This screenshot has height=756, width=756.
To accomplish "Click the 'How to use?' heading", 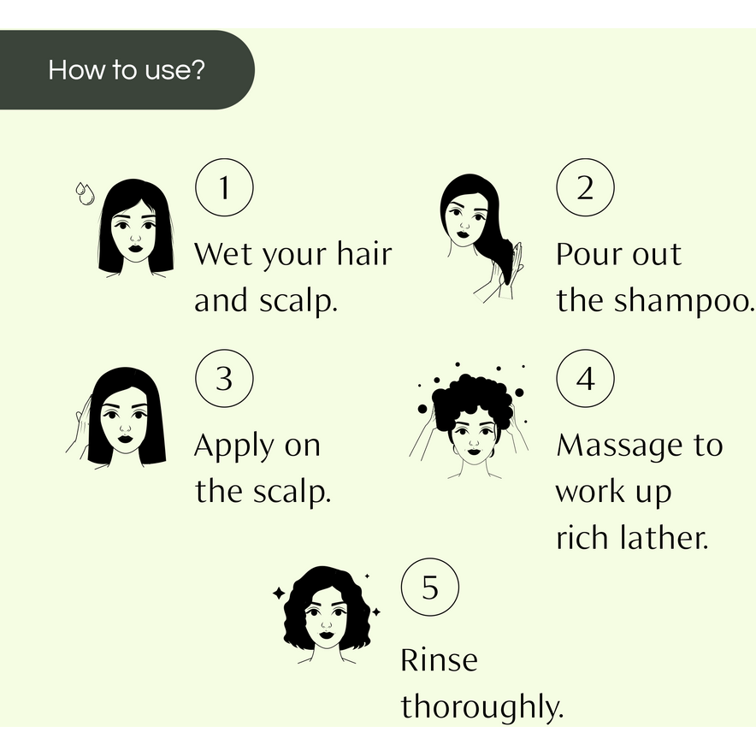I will pyautogui.click(x=127, y=69).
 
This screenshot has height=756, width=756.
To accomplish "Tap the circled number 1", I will pyautogui.click(x=224, y=187).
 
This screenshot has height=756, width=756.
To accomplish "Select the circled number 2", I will pyautogui.click(x=585, y=187).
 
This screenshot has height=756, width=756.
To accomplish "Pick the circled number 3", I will pyautogui.click(x=224, y=378).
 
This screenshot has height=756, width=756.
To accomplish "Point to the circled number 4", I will pyautogui.click(x=585, y=378).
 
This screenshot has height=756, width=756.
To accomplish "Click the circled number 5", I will pyautogui.click(x=430, y=588).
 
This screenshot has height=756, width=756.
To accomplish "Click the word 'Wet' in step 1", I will pyautogui.click(x=225, y=254).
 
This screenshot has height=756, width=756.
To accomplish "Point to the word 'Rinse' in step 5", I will pyautogui.click(x=439, y=660).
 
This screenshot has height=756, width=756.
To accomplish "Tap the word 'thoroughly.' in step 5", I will pyautogui.click(x=483, y=708).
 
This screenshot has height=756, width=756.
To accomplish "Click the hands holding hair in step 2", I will pyautogui.click(x=496, y=278).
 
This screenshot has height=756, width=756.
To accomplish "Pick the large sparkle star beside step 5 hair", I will pyautogui.click(x=279, y=592).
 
